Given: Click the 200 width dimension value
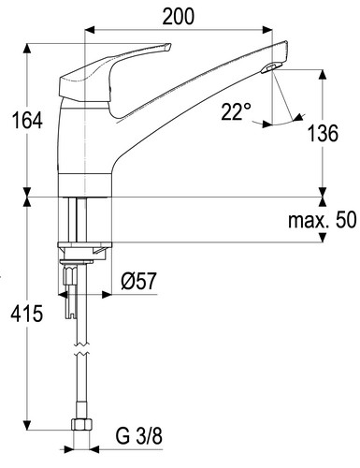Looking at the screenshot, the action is point(179,17).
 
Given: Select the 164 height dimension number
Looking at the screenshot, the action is point(27,121).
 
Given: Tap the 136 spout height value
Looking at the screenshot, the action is point(323,133).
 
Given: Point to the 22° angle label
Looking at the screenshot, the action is point(236,111).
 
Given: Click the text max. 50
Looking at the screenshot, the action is point(322,220).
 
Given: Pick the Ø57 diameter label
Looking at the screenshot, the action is point(138,281).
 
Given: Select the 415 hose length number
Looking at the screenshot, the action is point(27,314).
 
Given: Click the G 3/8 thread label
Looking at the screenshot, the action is point(139,436).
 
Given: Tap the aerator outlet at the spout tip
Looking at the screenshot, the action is point(271,67).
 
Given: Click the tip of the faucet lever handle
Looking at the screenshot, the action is point(168,46).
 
